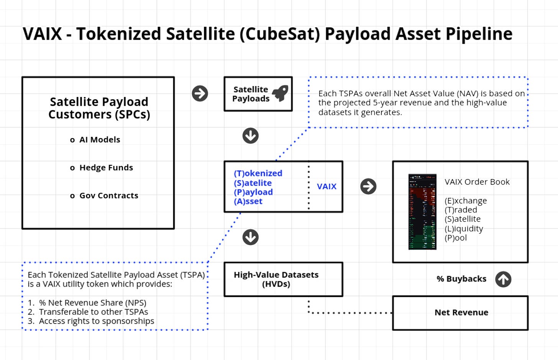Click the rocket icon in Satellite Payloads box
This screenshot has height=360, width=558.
[281, 93]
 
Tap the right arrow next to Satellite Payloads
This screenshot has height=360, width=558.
[200, 94]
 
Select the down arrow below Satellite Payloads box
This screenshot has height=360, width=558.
[251, 136]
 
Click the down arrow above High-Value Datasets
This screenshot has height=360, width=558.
[251, 237]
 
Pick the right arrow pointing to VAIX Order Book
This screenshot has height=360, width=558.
[368, 186]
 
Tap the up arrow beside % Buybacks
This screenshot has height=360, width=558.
[503, 279]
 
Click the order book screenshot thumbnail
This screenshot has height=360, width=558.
[422, 212]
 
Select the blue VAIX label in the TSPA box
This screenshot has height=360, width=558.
[327, 186]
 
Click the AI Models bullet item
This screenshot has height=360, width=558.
[99, 140]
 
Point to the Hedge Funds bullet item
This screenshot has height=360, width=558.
[106, 168]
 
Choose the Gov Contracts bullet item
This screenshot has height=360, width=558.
[108, 196]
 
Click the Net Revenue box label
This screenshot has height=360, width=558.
[461, 312]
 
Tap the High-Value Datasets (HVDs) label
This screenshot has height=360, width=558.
[276, 279]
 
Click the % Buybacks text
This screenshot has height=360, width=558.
[461, 279]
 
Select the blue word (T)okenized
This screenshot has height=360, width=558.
[258, 173]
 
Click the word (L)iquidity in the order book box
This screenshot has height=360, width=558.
[464, 228]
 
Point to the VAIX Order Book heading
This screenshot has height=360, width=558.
[477, 182]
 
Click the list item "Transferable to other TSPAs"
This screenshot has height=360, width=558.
[93, 312]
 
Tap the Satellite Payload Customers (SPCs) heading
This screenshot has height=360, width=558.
[99, 108]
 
